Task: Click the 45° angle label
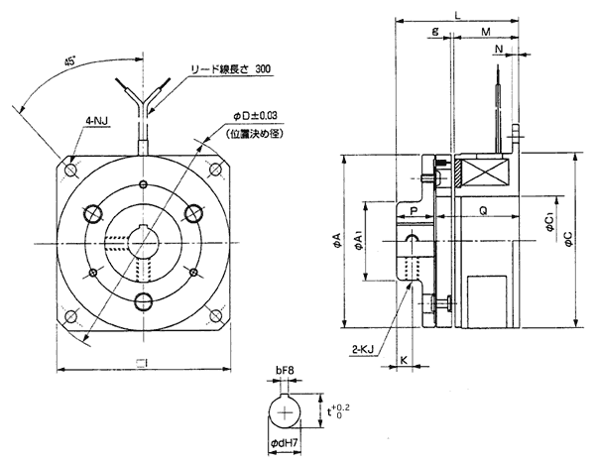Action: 70,62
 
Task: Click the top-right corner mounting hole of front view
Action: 219,169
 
